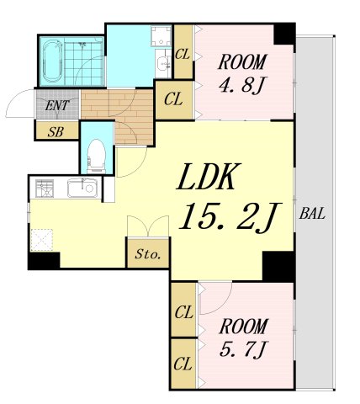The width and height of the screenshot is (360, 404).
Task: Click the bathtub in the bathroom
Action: pyautogui.click(x=51, y=61)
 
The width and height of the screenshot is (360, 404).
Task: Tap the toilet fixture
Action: pyautogui.click(x=96, y=156)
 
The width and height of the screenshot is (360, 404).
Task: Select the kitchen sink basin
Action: pyautogui.click(x=82, y=188)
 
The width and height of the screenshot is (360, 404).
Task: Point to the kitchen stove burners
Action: pyautogui.click(x=45, y=188)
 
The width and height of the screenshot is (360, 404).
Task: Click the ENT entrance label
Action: pyautogui.click(x=56, y=106)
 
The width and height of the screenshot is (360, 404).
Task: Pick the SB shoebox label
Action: pyautogui.click(x=56, y=131)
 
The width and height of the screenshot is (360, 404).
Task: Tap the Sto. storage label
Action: pyautogui.click(x=148, y=254)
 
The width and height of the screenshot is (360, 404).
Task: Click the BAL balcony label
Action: pyautogui.click(x=312, y=214)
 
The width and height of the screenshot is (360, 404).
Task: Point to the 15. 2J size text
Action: pyautogui.click(x=230, y=217)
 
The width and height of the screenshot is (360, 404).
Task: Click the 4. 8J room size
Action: pyautogui.click(x=241, y=85)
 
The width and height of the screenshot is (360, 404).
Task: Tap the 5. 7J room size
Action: pyautogui.click(x=243, y=349)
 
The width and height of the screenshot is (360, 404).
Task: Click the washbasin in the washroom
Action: pyautogui.click(x=163, y=63)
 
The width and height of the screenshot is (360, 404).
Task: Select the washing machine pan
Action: pyautogui.click(x=161, y=36)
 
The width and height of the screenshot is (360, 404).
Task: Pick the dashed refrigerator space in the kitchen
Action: pyautogui.click(x=42, y=240)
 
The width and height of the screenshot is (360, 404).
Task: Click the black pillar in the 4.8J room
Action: pyautogui.click(x=284, y=34)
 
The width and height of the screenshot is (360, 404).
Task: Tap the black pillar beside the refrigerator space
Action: pyautogui.click(x=44, y=261)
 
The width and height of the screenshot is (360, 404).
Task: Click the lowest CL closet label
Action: pyautogui.click(x=183, y=364)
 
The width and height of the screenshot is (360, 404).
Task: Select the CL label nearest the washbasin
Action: pyautogui.click(x=183, y=54)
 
